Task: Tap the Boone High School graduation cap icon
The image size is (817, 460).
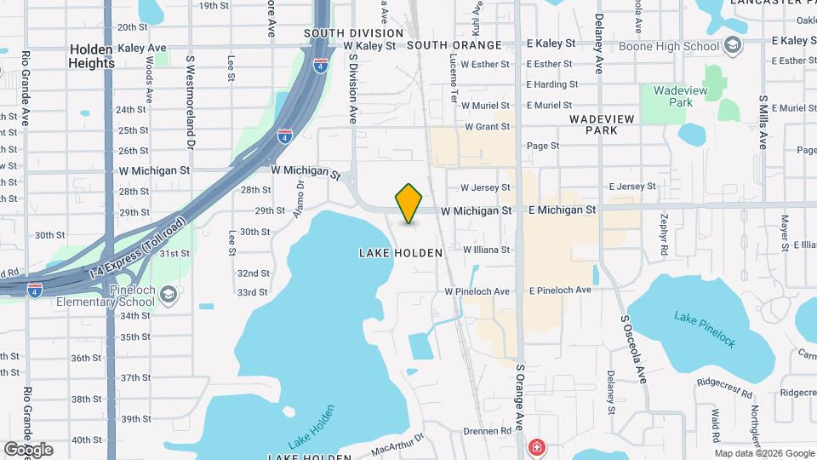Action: (734, 46)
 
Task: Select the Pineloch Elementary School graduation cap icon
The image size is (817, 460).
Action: (169, 295)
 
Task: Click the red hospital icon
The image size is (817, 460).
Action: (537, 446)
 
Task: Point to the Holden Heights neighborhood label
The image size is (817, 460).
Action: (91, 56)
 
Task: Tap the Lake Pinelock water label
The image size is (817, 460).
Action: (705, 329)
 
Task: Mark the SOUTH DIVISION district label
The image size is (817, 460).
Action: (353, 33)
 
